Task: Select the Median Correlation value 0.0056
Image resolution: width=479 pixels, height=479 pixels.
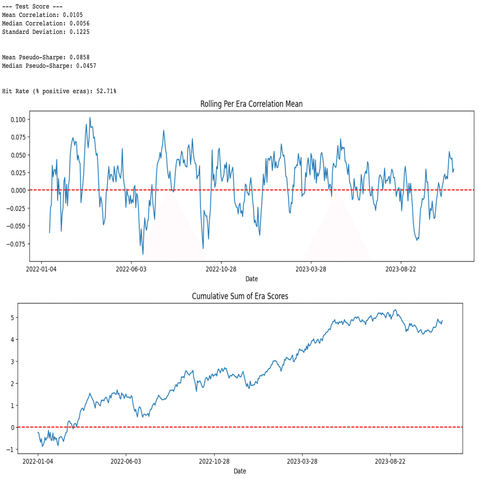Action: pos(80,23)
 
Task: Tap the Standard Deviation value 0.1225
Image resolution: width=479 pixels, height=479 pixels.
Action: pos(80,32)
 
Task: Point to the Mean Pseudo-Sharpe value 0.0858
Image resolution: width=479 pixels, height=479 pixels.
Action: pos(80,57)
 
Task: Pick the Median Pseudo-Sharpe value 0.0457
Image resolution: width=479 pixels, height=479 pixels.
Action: pos(86,66)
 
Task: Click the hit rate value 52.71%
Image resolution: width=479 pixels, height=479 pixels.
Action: pos(106,91)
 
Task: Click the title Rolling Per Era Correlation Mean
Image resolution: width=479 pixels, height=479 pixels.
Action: pos(251,104)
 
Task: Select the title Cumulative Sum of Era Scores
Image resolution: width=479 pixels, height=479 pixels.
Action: pos(240,296)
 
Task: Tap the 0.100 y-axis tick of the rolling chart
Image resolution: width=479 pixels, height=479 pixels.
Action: pos(18,120)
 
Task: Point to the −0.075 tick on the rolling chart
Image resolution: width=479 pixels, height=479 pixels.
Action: pos(16,244)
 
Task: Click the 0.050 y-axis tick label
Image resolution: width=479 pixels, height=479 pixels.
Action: pos(18,155)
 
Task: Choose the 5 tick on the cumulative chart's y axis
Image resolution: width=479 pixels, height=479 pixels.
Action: pos(12,318)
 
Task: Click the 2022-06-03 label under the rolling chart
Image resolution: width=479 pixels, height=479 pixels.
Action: pos(131,269)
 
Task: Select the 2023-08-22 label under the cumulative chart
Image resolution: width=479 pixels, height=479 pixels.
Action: pos(390,461)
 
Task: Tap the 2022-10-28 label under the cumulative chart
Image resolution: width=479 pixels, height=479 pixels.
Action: pos(214,461)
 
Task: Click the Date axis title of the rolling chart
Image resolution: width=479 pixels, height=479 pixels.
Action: pos(252,279)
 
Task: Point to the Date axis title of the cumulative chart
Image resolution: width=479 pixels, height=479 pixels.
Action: pos(240,471)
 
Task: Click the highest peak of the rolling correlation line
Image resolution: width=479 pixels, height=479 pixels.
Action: pos(90,118)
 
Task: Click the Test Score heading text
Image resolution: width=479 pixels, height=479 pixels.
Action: pos(32,7)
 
